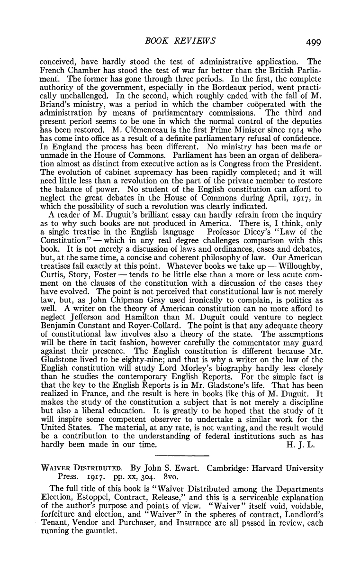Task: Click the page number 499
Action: point(313,42)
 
